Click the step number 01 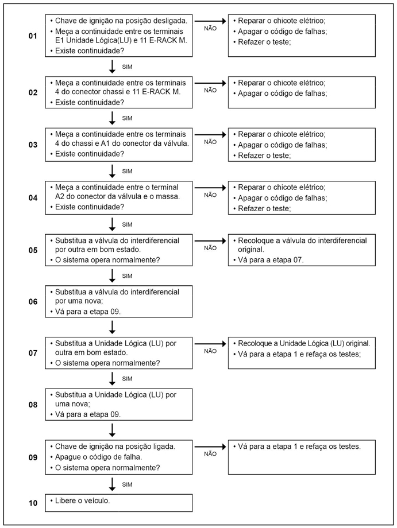pyautogui.click(x=33, y=36)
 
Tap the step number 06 pyautogui.click(x=33, y=301)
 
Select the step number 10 pyautogui.click(x=33, y=503)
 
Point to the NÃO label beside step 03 pyautogui.click(x=210, y=142)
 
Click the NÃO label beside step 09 pyautogui.click(x=210, y=453)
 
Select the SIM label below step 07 pyautogui.click(x=128, y=378)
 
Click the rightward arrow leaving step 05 pyautogui.click(x=210, y=240)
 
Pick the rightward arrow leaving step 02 pyautogui.click(x=210, y=82)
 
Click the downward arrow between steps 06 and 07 pyautogui.click(x=113, y=327)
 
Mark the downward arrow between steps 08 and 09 pyautogui.click(x=113, y=429)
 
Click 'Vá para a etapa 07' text pyautogui.click(x=271, y=261)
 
